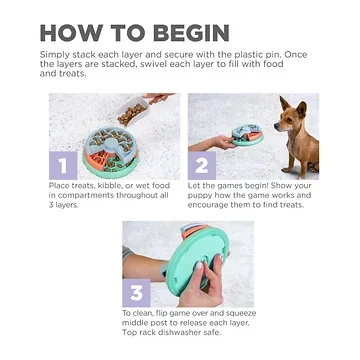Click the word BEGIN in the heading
click(x=192, y=33)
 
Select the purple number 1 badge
click(x=63, y=165)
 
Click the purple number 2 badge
click(x=202, y=165)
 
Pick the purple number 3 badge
click(x=136, y=293)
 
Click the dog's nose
click(x=276, y=125)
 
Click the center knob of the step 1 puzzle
click(x=110, y=144)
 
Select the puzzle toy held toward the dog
click(x=248, y=135)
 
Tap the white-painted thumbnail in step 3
click(x=199, y=266)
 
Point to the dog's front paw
click(x=287, y=170)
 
